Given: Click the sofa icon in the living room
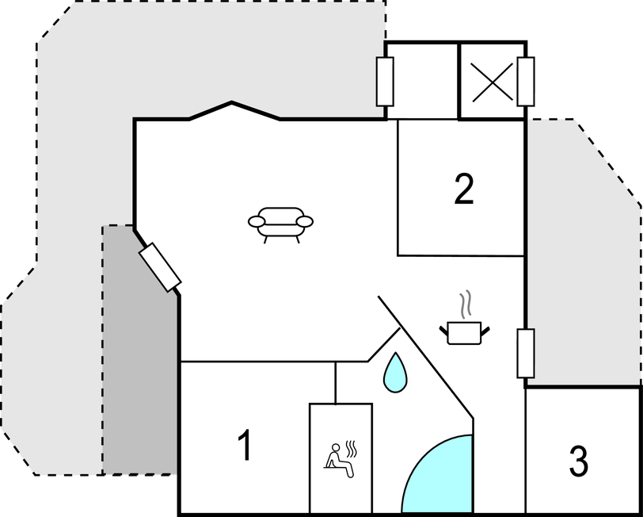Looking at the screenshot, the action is tap(280, 224).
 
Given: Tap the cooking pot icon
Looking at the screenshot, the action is tap(464, 332).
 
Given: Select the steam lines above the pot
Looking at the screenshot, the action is tap(465, 304).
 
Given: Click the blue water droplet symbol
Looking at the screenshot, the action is tap(395, 373).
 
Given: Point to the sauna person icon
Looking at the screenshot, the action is tap(340, 461).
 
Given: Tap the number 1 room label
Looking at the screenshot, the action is tap(245, 445).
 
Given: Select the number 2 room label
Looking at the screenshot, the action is tap(464, 189).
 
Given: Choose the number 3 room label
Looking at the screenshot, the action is tap(579, 461).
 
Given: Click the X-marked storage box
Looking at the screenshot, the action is tap(492, 82).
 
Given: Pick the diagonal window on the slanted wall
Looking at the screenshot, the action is tap(160, 267).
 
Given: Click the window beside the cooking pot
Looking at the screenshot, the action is tap(525, 353).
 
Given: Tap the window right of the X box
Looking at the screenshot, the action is tap(526, 82).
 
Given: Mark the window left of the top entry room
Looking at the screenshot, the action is tap(385, 82).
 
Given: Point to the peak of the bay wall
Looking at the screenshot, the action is tap(232, 101).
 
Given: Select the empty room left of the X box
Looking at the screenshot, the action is tap(422, 81).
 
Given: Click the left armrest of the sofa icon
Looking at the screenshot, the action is tap(257, 222).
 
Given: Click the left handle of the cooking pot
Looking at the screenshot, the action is tap(443, 330).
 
